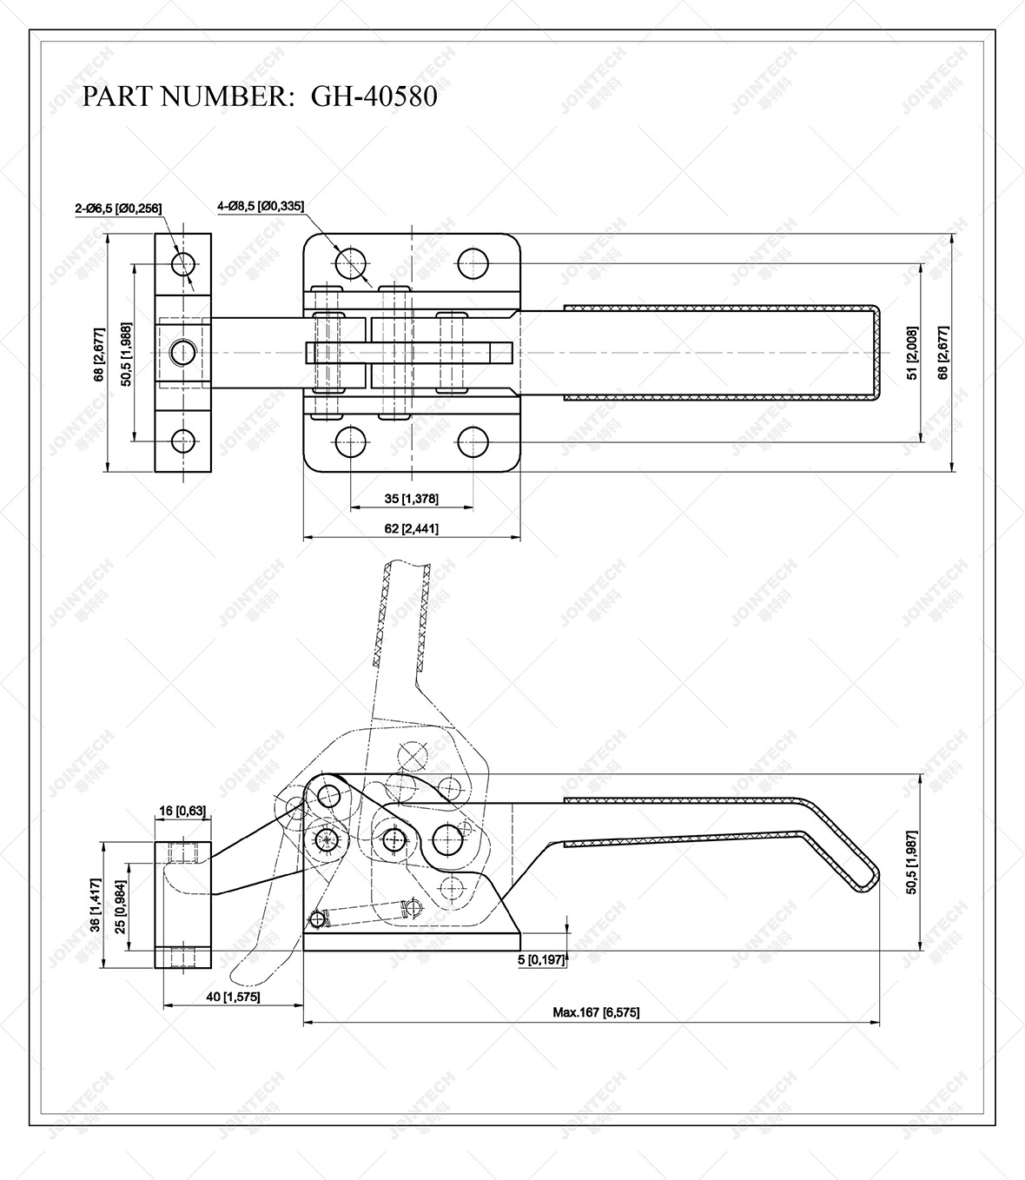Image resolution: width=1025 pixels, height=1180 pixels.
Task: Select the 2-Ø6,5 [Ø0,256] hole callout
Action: point(118,208)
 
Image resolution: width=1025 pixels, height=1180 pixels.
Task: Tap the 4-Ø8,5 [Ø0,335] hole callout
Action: point(261,206)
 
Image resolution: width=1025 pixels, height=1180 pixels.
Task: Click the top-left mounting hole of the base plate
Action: point(350,262)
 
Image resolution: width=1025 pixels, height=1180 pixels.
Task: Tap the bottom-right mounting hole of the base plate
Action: point(473,441)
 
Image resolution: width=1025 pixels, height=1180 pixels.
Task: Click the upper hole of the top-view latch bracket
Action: point(183,262)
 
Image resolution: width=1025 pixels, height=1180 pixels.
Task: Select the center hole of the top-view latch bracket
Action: point(183,352)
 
